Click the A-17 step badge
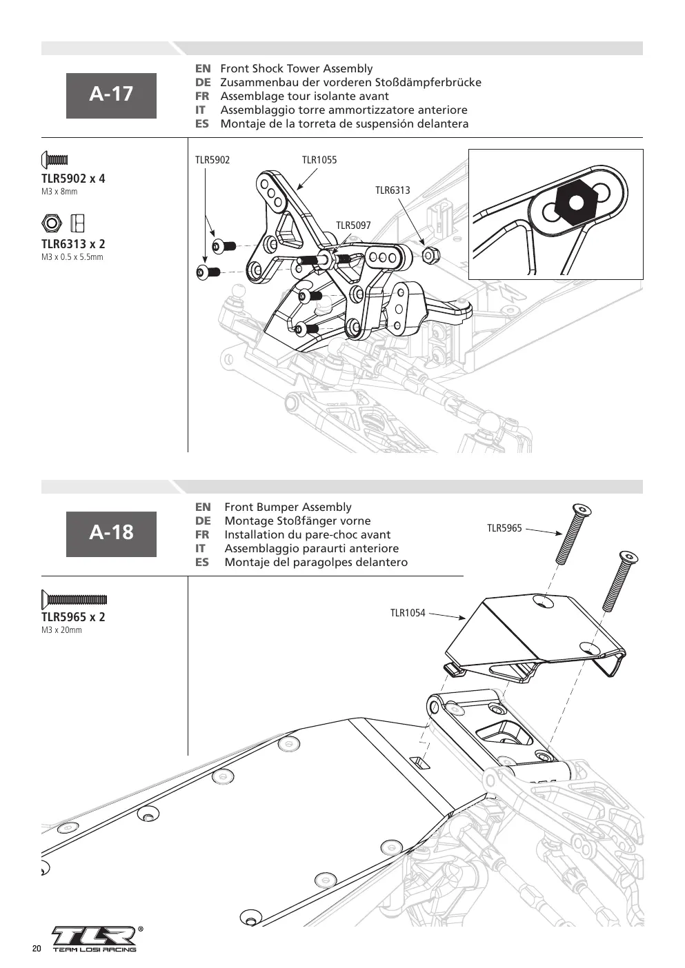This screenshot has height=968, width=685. (x=111, y=96)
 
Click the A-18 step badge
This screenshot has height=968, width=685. (x=111, y=534)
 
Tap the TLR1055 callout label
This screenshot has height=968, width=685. (x=319, y=160)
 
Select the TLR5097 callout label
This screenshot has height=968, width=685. (x=353, y=225)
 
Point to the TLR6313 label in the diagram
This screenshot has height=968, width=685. (x=393, y=190)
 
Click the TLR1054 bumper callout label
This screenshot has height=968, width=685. (x=408, y=613)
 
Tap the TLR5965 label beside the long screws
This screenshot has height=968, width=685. (x=505, y=528)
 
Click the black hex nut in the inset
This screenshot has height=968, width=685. (x=575, y=202)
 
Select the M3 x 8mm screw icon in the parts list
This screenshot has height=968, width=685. (x=54, y=160)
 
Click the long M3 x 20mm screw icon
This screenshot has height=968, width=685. (x=74, y=599)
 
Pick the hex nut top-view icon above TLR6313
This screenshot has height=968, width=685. (x=52, y=223)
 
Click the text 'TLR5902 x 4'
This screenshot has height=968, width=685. (x=73, y=179)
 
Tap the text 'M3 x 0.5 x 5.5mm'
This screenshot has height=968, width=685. (x=72, y=257)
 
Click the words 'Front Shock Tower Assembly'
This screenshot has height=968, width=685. (x=296, y=69)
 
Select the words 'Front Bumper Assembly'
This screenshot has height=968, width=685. (x=288, y=507)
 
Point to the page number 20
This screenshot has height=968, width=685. (x=37, y=949)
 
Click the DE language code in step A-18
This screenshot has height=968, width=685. (x=203, y=521)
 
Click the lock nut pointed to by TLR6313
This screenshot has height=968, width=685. (x=430, y=255)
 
